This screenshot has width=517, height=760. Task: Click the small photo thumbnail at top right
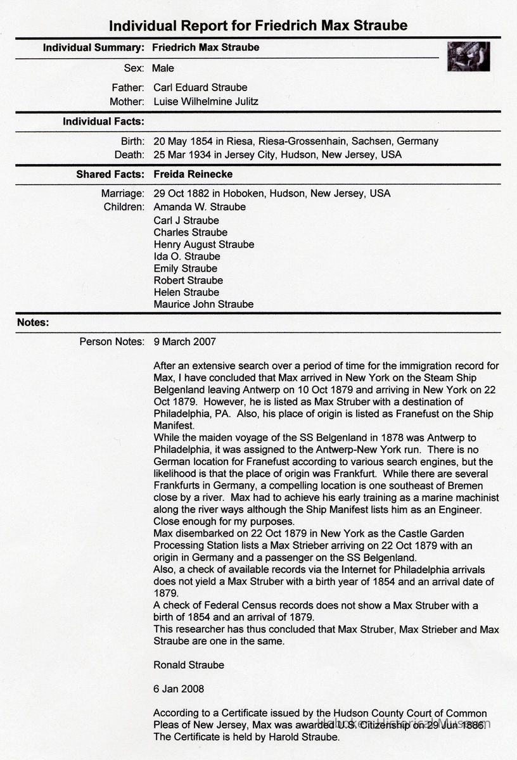click(x=468, y=56)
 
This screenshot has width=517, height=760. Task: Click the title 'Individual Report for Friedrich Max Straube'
click(x=258, y=25)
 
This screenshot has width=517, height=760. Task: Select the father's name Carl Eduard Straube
click(x=200, y=87)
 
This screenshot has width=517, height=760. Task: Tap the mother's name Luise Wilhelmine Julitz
click(x=206, y=101)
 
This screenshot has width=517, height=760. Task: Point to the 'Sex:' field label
click(x=134, y=68)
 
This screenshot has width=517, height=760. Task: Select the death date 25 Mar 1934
click(x=182, y=155)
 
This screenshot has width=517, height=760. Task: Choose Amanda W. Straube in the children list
click(x=200, y=207)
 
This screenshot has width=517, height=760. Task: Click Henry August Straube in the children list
click(x=204, y=244)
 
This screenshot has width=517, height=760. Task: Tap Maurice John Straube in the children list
click(x=203, y=304)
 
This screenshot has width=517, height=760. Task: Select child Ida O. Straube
click(x=187, y=256)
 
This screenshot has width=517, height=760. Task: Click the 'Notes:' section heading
click(x=33, y=322)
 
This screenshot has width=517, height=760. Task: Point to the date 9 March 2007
click(x=184, y=342)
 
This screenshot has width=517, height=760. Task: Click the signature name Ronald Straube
click(x=189, y=665)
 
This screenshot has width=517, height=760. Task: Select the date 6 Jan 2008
click(x=179, y=688)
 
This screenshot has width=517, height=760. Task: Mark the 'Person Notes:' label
click(x=112, y=342)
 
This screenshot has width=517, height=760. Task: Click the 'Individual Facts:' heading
click(x=103, y=121)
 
